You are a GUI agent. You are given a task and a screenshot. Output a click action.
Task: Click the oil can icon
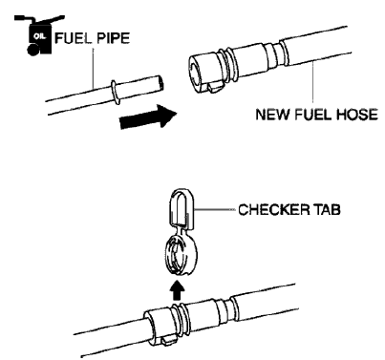click(30, 39)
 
